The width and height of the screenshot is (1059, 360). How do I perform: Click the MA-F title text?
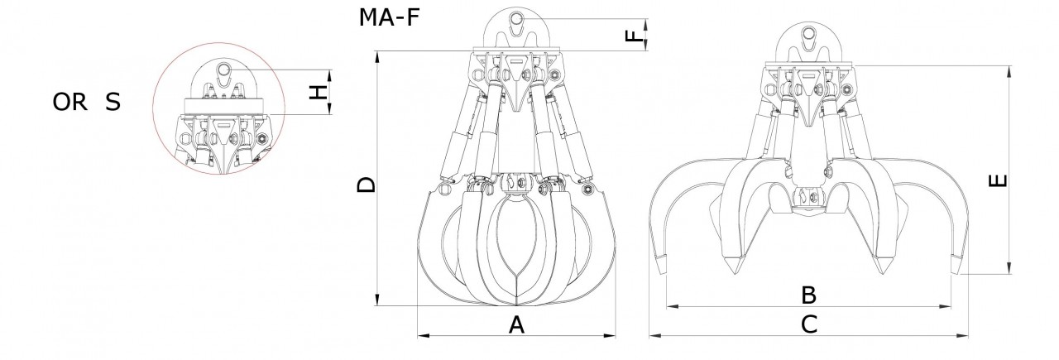[389, 17]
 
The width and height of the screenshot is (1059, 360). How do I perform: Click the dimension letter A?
[517, 325]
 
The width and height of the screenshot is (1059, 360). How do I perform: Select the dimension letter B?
[809, 295]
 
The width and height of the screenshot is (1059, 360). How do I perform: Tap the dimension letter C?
[809, 324]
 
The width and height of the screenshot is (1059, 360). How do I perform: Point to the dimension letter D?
[366, 185]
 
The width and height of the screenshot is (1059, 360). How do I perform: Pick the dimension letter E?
[998, 181]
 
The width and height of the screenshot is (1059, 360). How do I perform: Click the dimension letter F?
[634, 36]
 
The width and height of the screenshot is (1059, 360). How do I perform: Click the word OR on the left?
[70, 102]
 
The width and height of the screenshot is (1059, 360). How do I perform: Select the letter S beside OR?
[113, 102]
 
